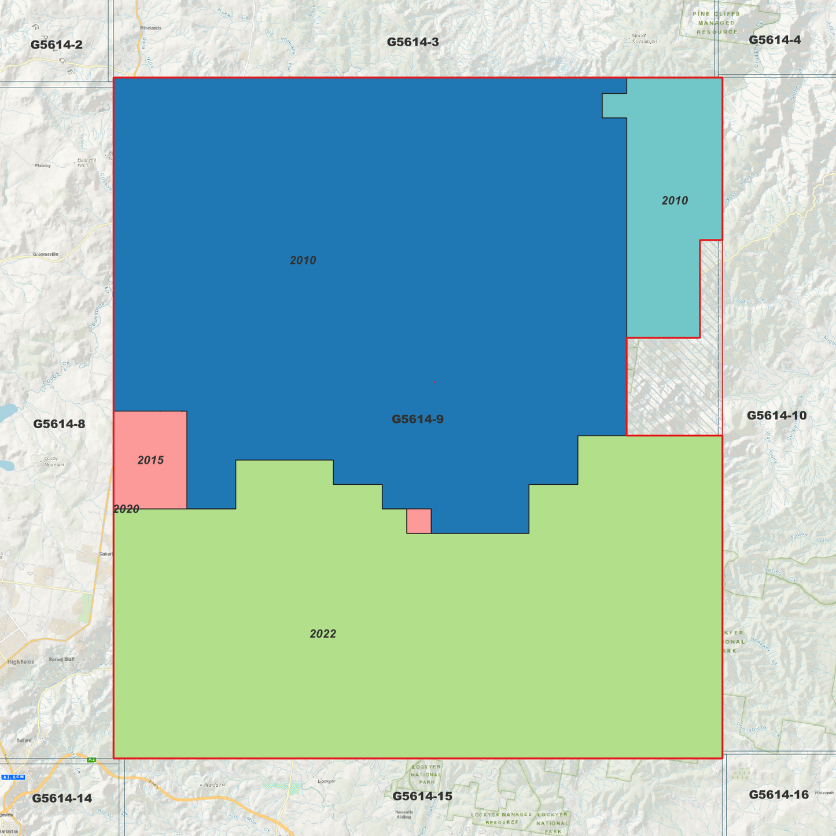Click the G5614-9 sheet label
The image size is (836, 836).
click(417, 419)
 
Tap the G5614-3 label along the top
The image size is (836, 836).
click(413, 42)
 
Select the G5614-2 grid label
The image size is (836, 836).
click(56, 45)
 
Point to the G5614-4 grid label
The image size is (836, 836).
click(774, 39)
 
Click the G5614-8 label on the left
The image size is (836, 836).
click(58, 423)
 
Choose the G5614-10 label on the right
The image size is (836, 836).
click(776, 415)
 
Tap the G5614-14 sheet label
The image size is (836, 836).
click(61, 798)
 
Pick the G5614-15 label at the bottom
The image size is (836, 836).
click(422, 796)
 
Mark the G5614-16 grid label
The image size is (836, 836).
click(778, 794)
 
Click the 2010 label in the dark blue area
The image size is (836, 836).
click(303, 260)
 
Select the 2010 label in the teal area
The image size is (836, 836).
click(675, 201)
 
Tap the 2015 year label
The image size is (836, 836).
click(150, 460)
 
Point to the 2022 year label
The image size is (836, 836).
click(323, 634)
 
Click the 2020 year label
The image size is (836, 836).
click(126, 509)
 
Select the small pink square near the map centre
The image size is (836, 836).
click(419, 521)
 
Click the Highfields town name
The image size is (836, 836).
click(20, 661)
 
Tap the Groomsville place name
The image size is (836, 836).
click(45, 254)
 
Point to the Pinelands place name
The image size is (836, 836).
click(150, 27)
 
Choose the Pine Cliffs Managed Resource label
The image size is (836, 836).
click(716, 23)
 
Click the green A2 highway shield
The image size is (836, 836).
click(91, 760)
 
